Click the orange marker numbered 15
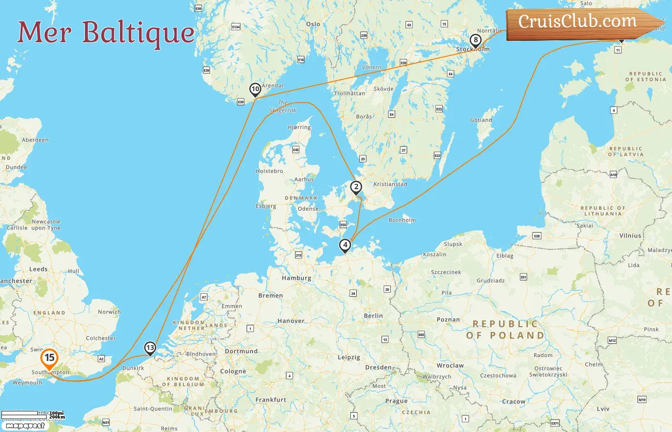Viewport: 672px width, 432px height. [49, 358]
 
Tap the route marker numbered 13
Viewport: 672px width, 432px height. [150, 348]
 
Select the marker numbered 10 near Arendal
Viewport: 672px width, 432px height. [255, 89]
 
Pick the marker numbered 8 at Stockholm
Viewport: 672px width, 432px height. [475, 40]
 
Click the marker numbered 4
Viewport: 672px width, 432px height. [345, 245]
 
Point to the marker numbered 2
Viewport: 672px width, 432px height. [356, 187]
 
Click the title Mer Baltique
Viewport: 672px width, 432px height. [106, 33]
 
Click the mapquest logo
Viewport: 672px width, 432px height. [25, 426]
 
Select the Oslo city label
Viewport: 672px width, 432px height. [313, 24]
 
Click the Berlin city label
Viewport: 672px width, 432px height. [373, 316]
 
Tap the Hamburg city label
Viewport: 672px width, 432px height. [297, 278]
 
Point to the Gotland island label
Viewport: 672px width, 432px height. [481, 120]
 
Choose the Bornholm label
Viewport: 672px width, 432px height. [402, 220]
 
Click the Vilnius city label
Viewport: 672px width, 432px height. [630, 236]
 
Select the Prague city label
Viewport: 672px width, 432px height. [396, 401]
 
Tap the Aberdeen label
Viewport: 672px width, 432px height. [35, 140]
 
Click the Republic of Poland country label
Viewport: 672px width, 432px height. [505, 330]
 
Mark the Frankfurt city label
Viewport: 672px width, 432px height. [271, 399]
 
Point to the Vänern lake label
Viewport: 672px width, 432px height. [372, 67]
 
